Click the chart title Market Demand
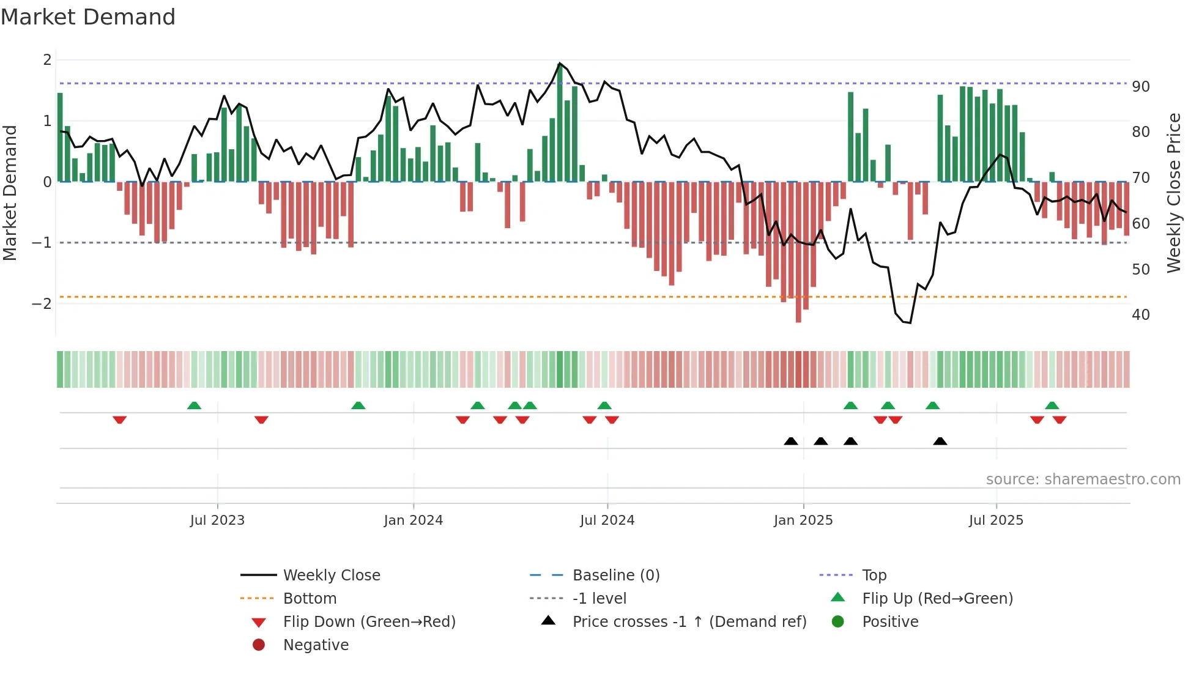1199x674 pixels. (88, 17)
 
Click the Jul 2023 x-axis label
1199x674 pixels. (217, 520)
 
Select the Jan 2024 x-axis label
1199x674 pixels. (413, 520)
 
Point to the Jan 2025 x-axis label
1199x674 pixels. (803, 520)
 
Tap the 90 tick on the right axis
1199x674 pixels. (1140, 87)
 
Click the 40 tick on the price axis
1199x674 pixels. (1140, 315)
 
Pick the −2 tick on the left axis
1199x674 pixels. (42, 304)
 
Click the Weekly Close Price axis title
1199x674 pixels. (1173, 193)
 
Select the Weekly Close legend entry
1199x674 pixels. (331, 576)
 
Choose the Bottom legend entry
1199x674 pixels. (310, 599)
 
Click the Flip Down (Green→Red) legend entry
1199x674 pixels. (369, 622)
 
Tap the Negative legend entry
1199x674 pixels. (316, 645)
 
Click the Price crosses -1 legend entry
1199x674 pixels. (689, 622)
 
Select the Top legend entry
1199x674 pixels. (874, 576)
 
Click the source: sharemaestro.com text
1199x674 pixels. (1083, 480)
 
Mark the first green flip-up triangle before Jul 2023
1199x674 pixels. (194, 406)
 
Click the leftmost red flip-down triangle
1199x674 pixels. (120, 420)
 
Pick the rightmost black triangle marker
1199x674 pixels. (940, 441)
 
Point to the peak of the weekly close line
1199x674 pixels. (559, 63)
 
